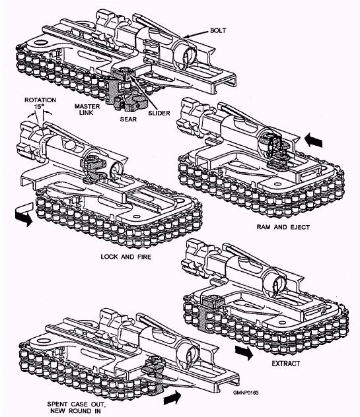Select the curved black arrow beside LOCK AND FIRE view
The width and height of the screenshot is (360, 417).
click(22, 216)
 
